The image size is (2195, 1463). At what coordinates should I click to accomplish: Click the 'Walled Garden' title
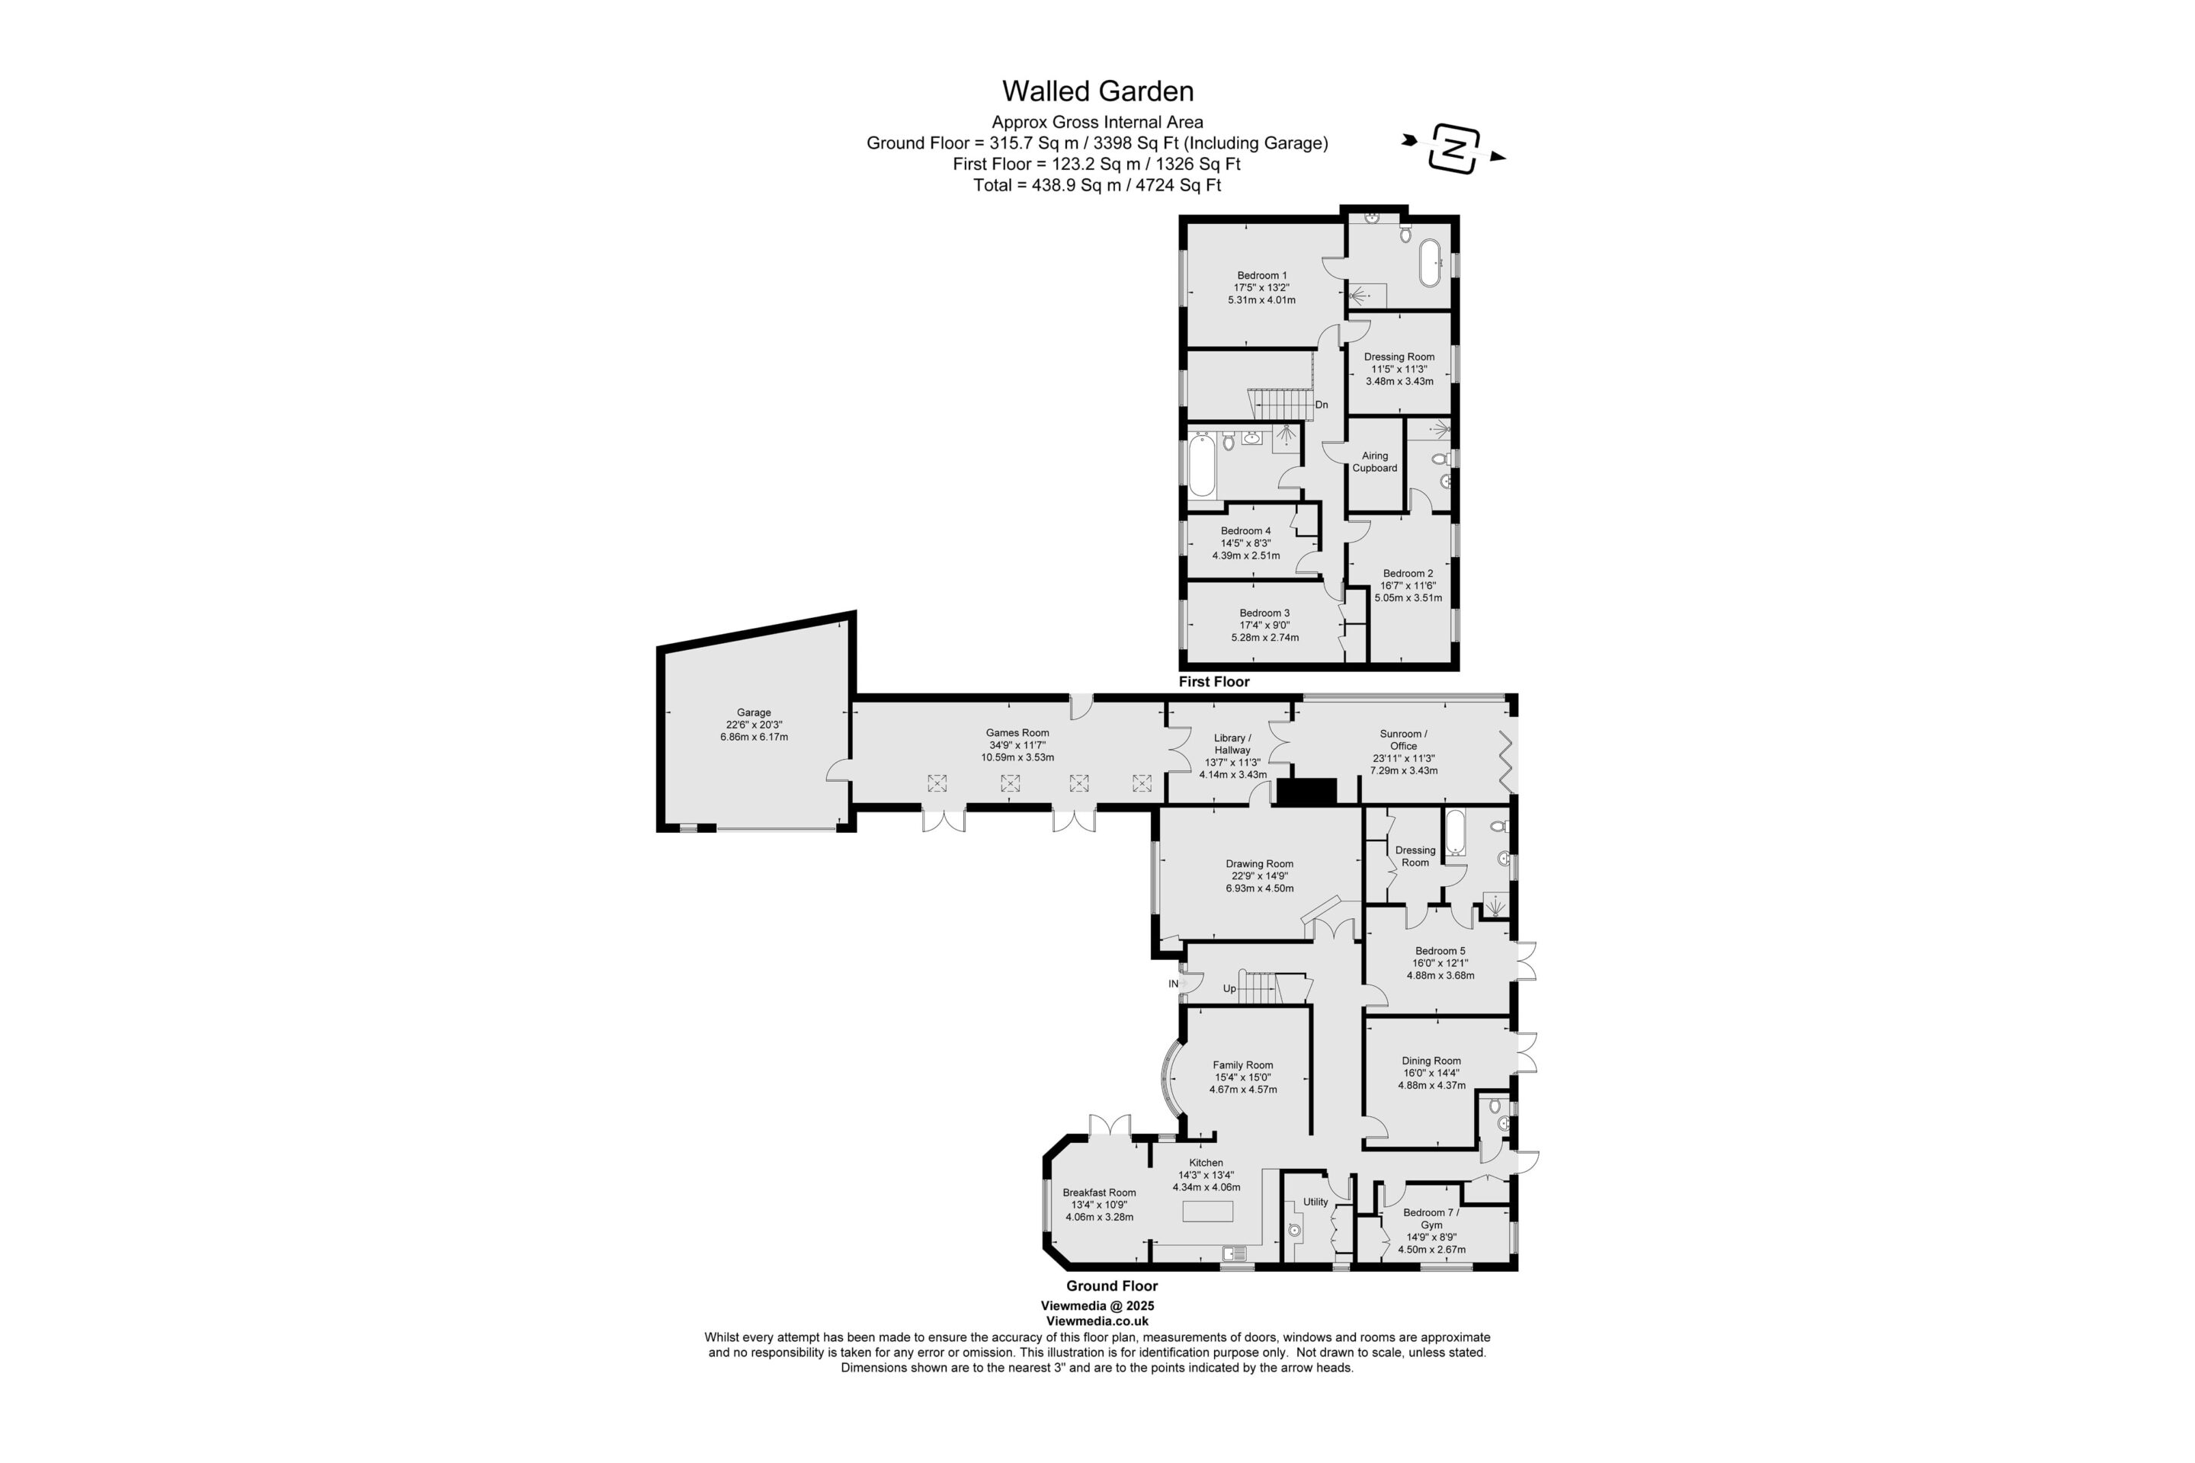click(x=1097, y=91)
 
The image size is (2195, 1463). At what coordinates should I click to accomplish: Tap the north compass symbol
click(x=1454, y=149)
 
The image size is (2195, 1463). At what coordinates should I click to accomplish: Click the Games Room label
click(x=1018, y=733)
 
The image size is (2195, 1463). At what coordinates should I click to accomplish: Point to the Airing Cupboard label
click(x=1375, y=462)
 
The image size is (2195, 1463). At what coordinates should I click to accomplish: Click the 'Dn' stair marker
click(x=1322, y=405)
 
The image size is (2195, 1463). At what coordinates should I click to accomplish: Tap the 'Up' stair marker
click(x=1230, y=989)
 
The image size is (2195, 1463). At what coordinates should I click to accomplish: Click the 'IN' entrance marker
click(x=1173, y=984)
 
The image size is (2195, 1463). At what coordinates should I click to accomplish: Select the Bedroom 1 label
click(x=1262, y=275)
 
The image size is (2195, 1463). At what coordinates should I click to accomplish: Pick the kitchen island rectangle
click(x=1207, y=1211)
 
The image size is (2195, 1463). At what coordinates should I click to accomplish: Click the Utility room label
click(x=1316, y=1202)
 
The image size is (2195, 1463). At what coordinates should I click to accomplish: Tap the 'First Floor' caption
click(x=1213, y=682)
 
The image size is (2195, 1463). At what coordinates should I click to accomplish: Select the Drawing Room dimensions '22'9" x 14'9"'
click(x=1260, y=876)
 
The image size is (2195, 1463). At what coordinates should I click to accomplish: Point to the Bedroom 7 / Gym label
click(x=1431, y=1218)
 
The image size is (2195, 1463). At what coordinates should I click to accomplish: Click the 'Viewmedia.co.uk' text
click(x=1097, y=1321)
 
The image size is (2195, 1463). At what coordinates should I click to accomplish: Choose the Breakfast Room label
click(x=1099, y=1192)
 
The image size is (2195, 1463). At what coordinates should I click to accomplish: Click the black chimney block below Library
click(x=1306, y=791)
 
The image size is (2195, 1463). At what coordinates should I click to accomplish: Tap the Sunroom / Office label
click(x=1404, y=740)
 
